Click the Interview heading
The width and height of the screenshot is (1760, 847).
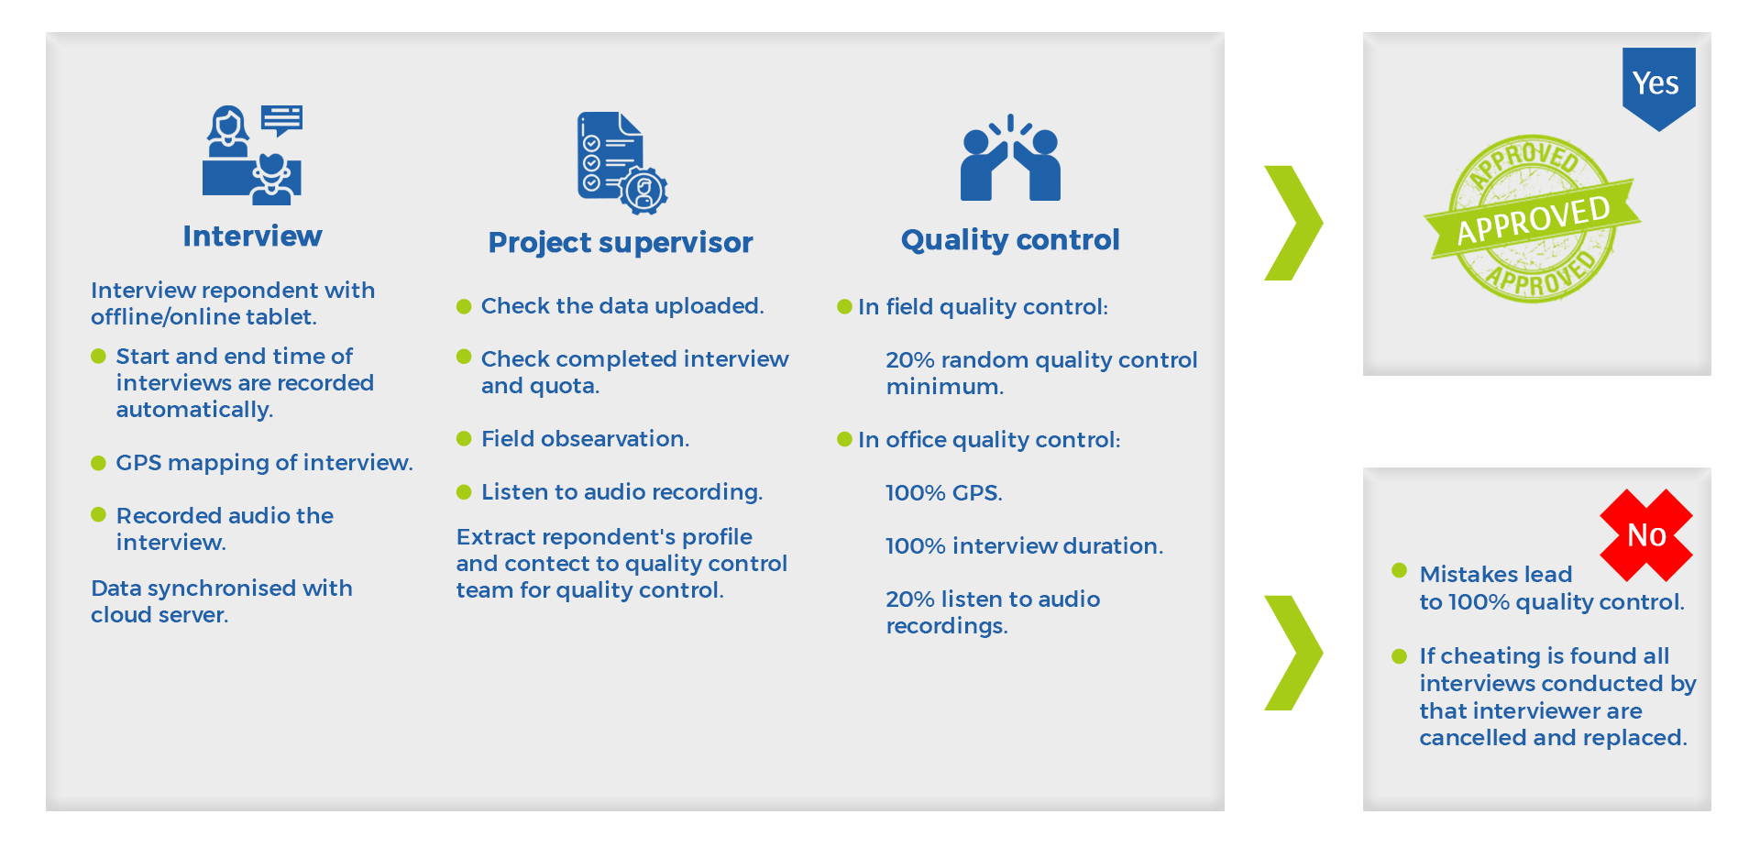[252, 236]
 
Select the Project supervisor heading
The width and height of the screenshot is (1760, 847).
[621, 243]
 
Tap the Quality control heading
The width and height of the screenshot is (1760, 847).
[1010, 240]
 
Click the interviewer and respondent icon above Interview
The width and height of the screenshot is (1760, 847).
[252, 154]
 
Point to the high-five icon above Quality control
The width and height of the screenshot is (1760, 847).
[1010, 157]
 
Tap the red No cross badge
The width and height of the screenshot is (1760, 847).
[1646, 535]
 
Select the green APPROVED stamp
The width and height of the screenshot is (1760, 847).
[1532, 219]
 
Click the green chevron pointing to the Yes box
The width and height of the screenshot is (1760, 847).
[1293, 223]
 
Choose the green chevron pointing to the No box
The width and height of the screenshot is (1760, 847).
[1293, 653]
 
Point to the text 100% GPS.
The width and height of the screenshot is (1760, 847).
[944, 493]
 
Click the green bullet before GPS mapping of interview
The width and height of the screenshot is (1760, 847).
[98, 463]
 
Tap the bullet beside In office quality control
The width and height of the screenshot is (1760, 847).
[844, 440]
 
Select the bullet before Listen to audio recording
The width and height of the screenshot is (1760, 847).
[464, 492]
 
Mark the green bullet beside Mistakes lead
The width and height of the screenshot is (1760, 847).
[1399, 570]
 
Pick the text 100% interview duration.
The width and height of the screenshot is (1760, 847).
[1024, 546]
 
